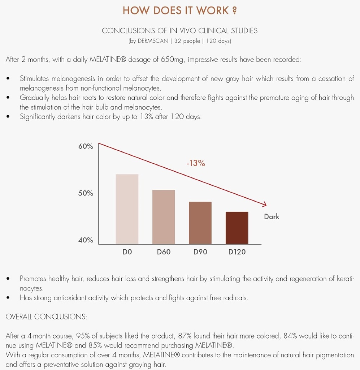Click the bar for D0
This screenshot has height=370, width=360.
(127, 209)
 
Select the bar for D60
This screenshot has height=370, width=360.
(164, 216)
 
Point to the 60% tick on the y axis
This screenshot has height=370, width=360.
(86, 146)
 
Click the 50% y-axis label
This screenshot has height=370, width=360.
(86, 193)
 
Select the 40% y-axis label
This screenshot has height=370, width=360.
(86, 240)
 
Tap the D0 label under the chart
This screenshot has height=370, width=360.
(127, 252)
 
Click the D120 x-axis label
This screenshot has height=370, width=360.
(237, 252)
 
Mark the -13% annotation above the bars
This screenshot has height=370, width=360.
(196, 163)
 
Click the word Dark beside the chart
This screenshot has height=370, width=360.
(272, 217)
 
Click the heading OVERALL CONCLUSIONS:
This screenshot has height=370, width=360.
(47, 317)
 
